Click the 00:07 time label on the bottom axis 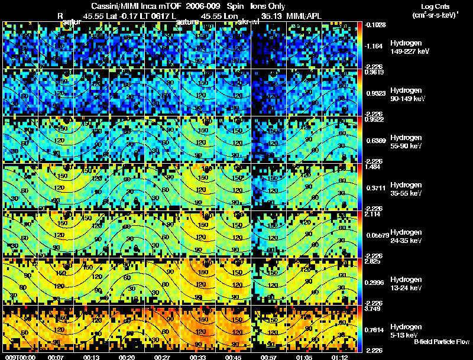[x=56, y=357]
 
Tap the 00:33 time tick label [x=197, y=357]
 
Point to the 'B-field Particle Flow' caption [x=442, y=342]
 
